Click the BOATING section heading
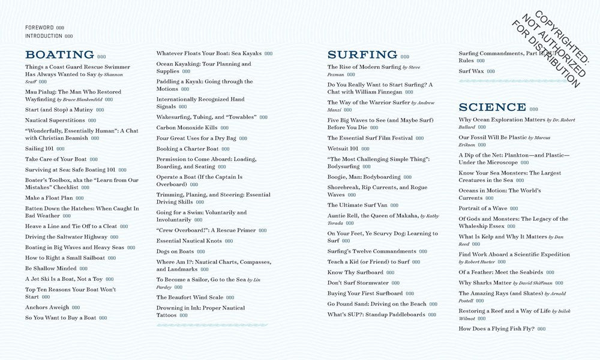[59, 55]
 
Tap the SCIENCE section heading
[492, 107]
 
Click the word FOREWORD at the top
[39, 28]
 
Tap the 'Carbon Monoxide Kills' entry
[187, 128]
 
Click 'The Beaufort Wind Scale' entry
[189, 298]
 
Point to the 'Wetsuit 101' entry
[343, 148]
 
